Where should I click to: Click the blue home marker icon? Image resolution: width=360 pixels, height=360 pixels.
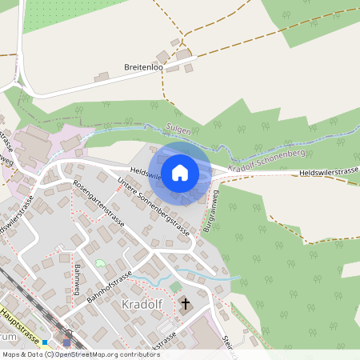click(x=180, y=172)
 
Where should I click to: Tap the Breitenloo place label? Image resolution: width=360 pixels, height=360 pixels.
click(x=144, y=68)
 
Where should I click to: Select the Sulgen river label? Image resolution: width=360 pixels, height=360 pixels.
click(x=178, y=128)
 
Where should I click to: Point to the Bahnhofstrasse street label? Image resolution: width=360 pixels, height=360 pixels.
click(x=109, y=286)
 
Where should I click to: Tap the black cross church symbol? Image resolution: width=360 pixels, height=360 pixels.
click(x=186, y=303)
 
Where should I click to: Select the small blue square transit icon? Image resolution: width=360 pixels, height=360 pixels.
click(x=46, y=342)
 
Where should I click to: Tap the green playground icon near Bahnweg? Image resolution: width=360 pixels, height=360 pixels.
click(x=100, y=263)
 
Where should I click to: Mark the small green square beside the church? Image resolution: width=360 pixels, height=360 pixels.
click(x=175, y=286)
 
